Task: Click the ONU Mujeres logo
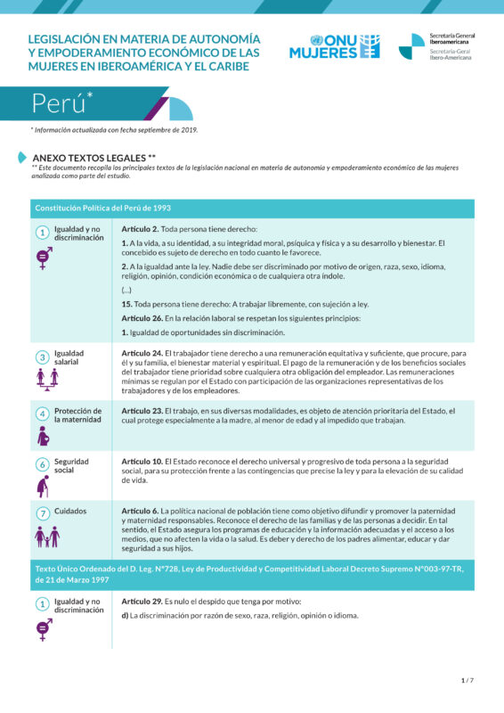(x=334, y=46)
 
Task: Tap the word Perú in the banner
(x=59, y=103)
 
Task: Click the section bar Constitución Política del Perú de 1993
(x=103, y=208)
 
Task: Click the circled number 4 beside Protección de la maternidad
(x=42, y=414)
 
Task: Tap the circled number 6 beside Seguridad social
(x=42, y=464)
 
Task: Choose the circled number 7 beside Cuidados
(x=42, y=514)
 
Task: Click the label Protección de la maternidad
(x=77, y=414)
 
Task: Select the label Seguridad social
(x=71, y=464)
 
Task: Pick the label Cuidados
(x=70, y=512)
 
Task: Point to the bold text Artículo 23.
(x=142, y=411)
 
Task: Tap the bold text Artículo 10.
(x=142, y=461)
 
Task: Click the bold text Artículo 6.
(x=140, y=511)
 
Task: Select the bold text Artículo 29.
(x=142, y=602)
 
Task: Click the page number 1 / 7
(x=467, y=681)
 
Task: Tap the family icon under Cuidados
(x=45, y=537)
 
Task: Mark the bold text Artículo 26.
(x=142, y=318)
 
